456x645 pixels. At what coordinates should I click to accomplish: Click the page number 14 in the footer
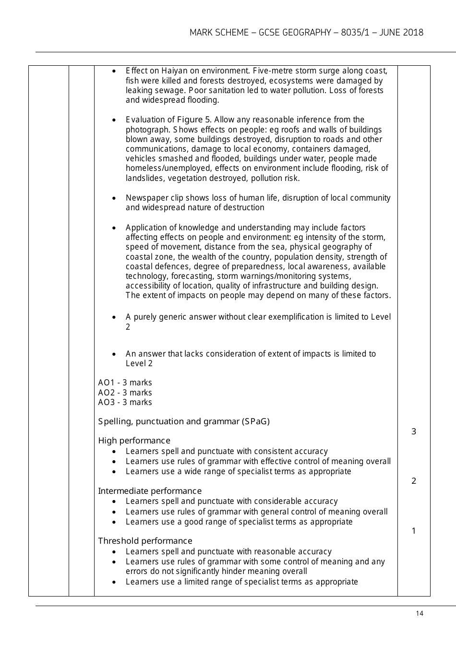click(420, 613)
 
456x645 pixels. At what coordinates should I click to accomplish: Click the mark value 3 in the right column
click(414, 431)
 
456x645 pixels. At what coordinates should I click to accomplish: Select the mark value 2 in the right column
click(414, 481)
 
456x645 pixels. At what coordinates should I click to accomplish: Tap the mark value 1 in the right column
click(414, 531)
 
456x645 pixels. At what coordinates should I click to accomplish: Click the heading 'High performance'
click(134, 441)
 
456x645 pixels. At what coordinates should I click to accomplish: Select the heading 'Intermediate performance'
click(150, 491)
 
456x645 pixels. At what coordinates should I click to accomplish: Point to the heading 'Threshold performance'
click(145, 541)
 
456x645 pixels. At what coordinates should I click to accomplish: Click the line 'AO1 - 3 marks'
click(125, 382)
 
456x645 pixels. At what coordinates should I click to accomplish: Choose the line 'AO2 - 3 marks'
click(125, 393)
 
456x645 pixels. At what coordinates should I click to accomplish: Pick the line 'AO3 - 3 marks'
click(125, 402)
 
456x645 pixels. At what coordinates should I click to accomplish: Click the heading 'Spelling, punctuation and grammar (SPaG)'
click(184, 421)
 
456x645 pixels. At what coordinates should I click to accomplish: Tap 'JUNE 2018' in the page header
click(401, 33)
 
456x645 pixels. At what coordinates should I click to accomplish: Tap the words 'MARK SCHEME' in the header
click(218, 33)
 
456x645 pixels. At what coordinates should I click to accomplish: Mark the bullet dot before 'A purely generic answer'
click(113, 317)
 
